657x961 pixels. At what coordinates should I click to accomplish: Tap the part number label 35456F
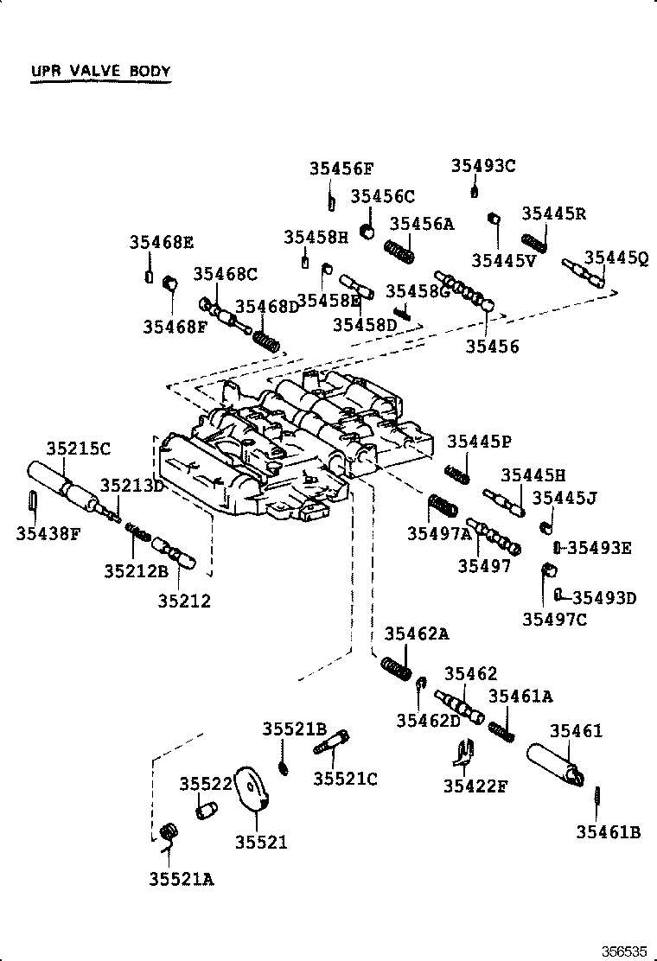(x=341, y=169)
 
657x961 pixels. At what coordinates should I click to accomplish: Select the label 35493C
(x=483, y=166)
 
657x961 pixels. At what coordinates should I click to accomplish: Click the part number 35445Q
(x=616, y=258)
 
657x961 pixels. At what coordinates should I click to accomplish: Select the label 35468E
(x=162, y=242)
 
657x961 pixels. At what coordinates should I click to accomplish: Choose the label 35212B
(x=136, y=570)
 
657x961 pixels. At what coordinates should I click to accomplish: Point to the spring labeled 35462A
(x=397, y=668)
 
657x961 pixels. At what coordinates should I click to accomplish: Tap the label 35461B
(x=608, y=832)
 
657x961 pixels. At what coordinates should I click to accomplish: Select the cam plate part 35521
(x=253, y=790)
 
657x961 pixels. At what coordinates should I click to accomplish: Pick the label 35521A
(x=181, y=879)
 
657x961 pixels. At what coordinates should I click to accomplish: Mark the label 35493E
(x=600, y=547)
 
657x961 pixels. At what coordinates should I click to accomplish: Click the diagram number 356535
(x=624, y=951)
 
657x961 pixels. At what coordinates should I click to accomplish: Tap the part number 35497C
(x=554, y=619)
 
